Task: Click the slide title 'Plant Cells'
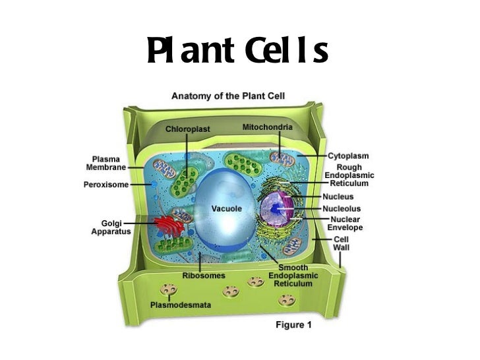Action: [238, 52]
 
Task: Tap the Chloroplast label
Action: [187, 129]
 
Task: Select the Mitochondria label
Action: [268, 125]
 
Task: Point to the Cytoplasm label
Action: [348, 156]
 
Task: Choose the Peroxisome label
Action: [106, 185]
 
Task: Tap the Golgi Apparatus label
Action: [106, 227]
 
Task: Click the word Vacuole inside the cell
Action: [226, 208]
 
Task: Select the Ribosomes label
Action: [204, 275]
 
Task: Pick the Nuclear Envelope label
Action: [345, 223]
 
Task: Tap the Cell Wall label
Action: [342, 243]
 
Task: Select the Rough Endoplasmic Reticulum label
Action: [349, 175]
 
